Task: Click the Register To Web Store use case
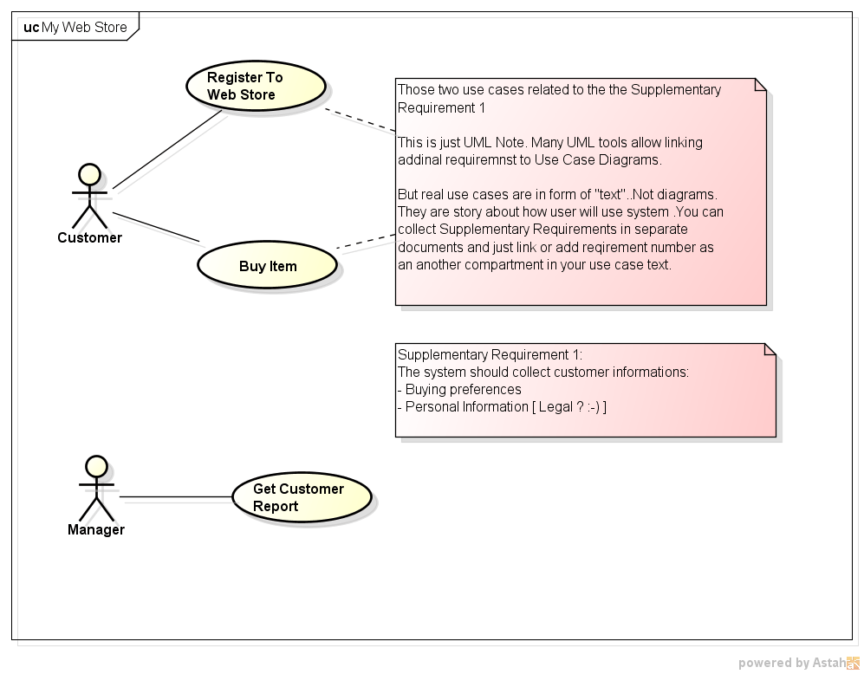pyautogui.click(x=256, y=86)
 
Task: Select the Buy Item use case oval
pyautogui.click(x=267, y=266)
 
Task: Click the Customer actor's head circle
pyautogui.click(x=89, y=175)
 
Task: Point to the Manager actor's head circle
pyautogui.click(x=96, y=467)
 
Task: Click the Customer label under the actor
pyautogui.click(x=89, y=237)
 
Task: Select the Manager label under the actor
pyautogui.click(x=96, y=529)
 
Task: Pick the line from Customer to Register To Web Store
pyautogui.click(x=166, y=149)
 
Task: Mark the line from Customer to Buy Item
pyautogui.click(x=156, y=227)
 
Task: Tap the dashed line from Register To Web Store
pyautogui.click(x=360, y=119)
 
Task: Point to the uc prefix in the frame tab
pyautogui.click(x=31, y=27)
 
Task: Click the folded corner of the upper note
pyautogui.click(x=760, y=84)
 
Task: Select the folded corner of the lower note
pyautogui.click(x=769, y=349)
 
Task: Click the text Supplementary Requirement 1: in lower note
pyautogui.click(x=490, y=354)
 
